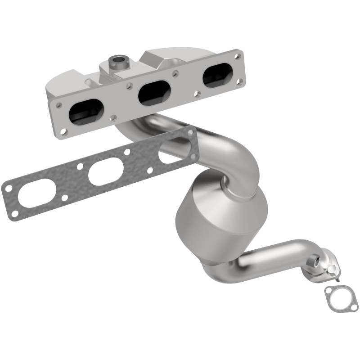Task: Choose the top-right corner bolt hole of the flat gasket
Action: tap(190, 132)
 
